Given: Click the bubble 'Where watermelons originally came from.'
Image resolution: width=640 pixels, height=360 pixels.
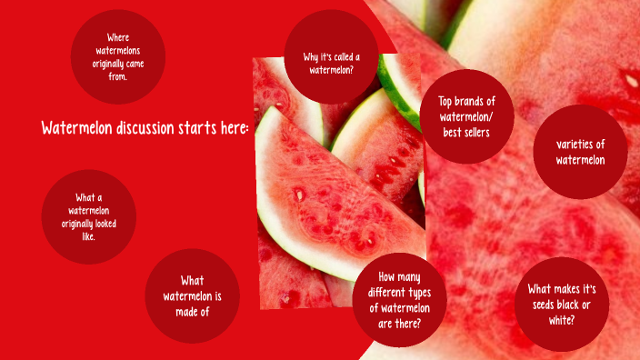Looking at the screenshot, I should pyautogui.click(x=117, y=56).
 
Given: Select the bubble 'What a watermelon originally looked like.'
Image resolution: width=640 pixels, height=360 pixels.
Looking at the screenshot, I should pyautogui.click(x=88, y=216).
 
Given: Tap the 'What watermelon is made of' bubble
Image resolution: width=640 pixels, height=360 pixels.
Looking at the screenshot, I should pyautogui.click(x=192, y=295).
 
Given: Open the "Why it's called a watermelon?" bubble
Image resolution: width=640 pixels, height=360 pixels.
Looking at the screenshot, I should pyautogui.click(x=331, y=56).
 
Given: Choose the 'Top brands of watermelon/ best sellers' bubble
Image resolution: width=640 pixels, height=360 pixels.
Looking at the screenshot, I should pyautogui.click(x=466, y=116).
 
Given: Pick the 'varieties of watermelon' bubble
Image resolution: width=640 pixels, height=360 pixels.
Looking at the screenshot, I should pyautogui.click(x=580, y=152).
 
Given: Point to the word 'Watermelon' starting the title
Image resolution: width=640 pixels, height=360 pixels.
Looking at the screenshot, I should pyautogui.click(x=75, y=128).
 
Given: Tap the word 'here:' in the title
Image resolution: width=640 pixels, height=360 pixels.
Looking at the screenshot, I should pyautogui.click(x=233, y=128).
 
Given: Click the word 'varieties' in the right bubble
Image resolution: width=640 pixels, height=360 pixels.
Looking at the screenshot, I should pyautogui.click(x=581, y=144).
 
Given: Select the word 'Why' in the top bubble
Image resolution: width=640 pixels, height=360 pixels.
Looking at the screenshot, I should pyautogui.click(x=311, y=57).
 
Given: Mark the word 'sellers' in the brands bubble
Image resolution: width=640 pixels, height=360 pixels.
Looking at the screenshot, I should pyautogui.click(x=476, y=132).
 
